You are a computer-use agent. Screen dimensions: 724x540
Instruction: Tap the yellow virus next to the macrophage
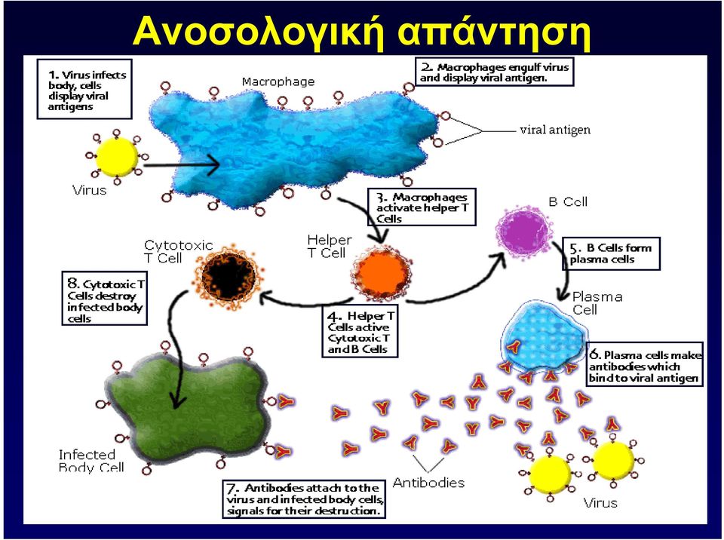[x=117, y=157]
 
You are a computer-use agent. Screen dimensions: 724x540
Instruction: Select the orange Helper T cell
[x=382, y=274]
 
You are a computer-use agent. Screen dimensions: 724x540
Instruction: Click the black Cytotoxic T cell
[x=229, y=275]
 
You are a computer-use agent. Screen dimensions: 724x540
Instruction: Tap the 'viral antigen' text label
[x=555, y=130]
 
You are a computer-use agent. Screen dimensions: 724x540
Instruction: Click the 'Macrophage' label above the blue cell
[x=278, y=81]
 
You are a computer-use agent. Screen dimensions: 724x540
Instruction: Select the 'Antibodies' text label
[x=428, y=483]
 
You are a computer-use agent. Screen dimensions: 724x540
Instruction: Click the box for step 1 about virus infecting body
[x=84, y=89]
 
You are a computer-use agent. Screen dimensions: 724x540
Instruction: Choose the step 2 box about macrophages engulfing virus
[x=495, y=72]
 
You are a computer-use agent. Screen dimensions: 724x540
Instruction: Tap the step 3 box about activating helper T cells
[x=422, y=207]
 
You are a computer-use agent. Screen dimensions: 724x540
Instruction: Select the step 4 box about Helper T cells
[x=360, y=332]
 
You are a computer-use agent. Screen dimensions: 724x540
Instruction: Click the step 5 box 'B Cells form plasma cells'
[x=611, y=253]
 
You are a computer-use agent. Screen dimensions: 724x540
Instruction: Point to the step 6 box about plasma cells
[x=645, y=364]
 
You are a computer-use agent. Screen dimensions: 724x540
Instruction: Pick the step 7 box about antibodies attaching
[x=304, y=499]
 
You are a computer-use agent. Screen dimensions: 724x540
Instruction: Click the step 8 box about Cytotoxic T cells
[x=105, y=298]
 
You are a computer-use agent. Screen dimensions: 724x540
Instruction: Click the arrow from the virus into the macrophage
[x=181, y=164]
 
